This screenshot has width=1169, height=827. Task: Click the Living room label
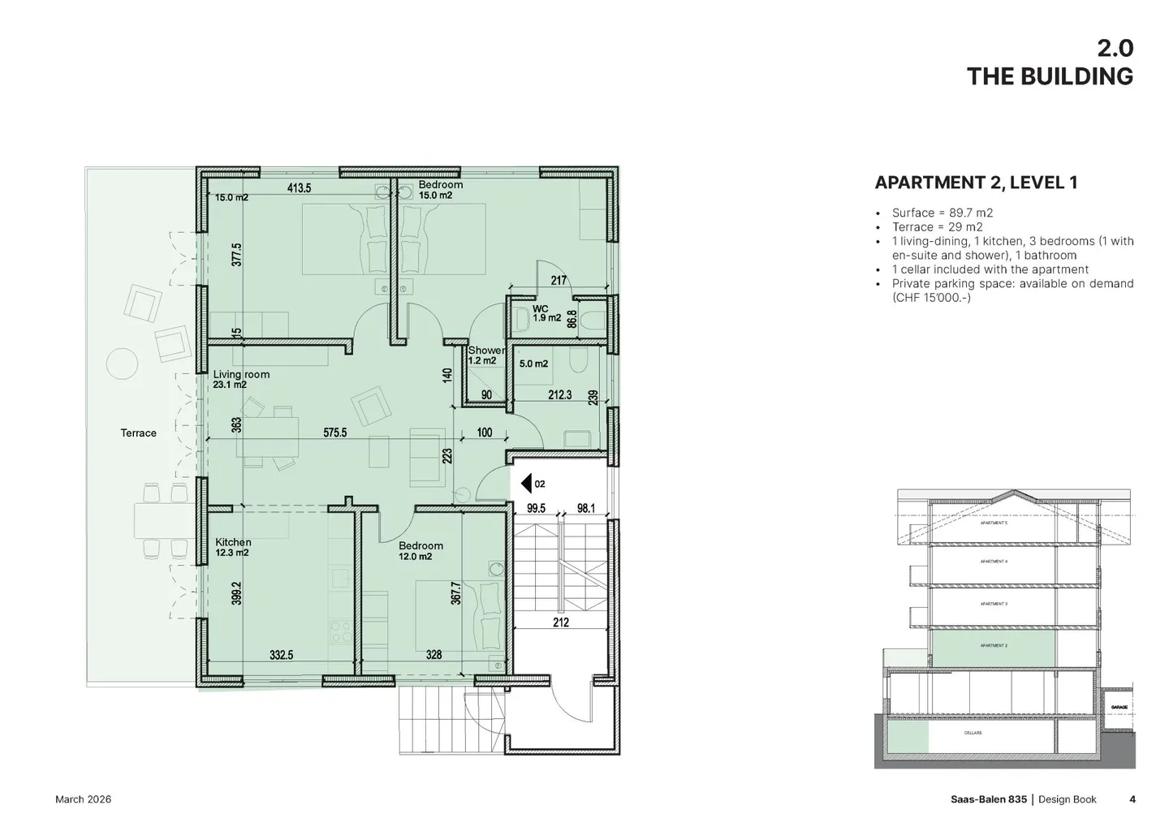click(241, 375)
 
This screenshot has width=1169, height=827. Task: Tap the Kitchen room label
click(233, 542)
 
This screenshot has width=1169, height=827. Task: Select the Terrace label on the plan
click(139, 433)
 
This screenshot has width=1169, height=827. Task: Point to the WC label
click(541, 309)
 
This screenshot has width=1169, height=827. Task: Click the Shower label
click(486, 351)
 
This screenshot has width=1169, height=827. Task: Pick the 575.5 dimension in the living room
click(334, 433)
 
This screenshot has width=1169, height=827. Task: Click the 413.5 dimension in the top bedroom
click(299, 188)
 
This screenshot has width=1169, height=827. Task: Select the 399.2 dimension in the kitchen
click(236, 599)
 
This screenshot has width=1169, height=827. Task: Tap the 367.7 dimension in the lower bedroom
click(455, 592)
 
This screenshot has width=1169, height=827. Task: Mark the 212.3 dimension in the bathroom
click(559, 395)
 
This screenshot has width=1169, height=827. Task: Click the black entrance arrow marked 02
click(526, 485)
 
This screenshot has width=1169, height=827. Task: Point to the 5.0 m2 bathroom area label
click(533, 364)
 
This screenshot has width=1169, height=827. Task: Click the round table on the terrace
click(123, 363)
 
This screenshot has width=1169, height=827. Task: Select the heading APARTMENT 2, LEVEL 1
click(976, 183)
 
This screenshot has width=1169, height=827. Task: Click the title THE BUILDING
click(1049, 76)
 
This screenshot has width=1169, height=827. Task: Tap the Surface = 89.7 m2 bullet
click(942, 213)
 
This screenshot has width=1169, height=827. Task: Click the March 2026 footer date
click(83, 799)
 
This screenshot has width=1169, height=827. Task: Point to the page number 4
click(1132, 799)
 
